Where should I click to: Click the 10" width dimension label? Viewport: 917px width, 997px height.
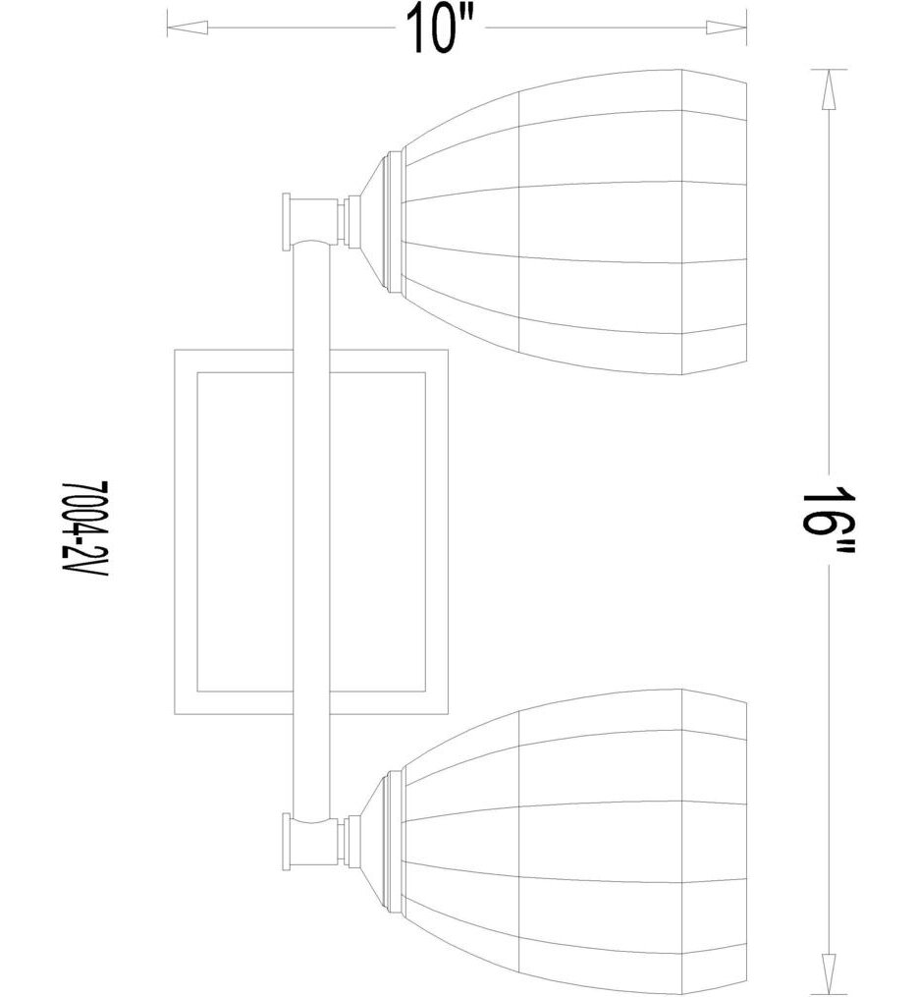pos(441,28)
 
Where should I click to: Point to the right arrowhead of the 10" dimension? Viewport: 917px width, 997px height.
pos(726,28)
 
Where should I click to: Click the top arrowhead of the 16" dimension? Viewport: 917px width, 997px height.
pos(829,89)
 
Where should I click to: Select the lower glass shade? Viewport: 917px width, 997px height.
pos(573,843)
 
